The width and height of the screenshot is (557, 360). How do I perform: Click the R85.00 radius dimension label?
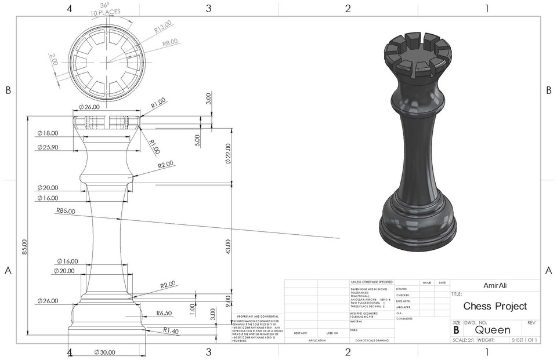[x=66, y=212]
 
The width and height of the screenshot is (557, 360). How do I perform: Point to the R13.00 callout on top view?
[x=162, y=26]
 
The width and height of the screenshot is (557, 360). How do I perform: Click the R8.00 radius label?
[x=169, y=42]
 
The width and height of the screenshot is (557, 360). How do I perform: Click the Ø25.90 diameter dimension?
[x=48, y=148]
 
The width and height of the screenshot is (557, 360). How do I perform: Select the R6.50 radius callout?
[x=164, y=313]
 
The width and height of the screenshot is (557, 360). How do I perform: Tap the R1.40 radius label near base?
[x=170, y=331]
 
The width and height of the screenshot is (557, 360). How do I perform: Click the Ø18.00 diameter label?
[x=48, y=133]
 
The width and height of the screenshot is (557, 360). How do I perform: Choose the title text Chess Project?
[x=495, y=306]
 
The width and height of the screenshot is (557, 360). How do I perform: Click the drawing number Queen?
[x=493, y=330]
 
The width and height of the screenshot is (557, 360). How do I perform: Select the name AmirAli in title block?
[x=495, y=285]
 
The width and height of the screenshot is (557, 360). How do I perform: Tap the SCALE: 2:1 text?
[x=464, y=340]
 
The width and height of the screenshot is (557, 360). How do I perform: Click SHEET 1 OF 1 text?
[x=524, y=340]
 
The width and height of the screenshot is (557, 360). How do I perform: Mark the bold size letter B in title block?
[x=456, y=330]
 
